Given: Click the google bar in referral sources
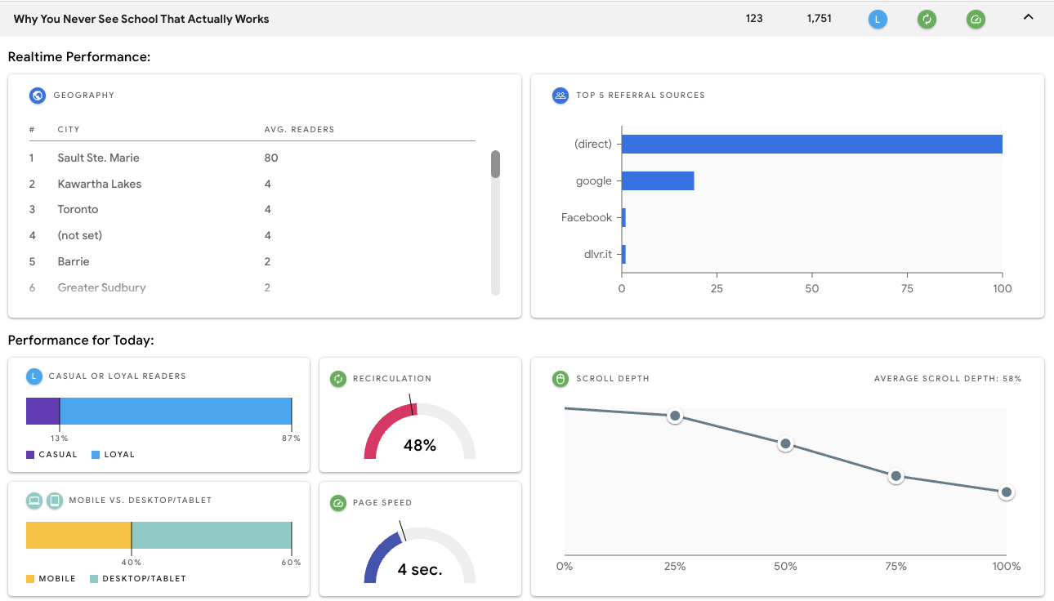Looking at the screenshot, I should click(658, 180).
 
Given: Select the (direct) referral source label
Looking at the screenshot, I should click(593, 144).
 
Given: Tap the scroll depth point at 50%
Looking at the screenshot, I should click(785, 444).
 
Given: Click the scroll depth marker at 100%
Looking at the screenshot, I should click(1007, 492).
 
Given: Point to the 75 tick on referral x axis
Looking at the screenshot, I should click(907, 289).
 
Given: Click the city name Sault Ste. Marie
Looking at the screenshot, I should click(98, 158).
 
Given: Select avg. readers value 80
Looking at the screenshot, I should click(271, 158).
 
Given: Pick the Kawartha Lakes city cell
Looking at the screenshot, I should click(100, 184).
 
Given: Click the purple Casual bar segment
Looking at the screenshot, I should click(42, 412).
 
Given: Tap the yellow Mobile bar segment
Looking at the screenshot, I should click(78, 536).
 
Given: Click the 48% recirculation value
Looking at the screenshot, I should click(420, 446).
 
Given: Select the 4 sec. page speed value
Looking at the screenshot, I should click(420, 570).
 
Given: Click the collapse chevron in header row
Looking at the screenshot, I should click(1029, 17).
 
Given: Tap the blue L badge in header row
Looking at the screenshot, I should click(878, 19).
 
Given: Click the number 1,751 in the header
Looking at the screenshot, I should click(819, 18).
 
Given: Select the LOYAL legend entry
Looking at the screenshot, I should click(114, 454).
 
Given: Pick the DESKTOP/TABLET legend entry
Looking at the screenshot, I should click(139, 578).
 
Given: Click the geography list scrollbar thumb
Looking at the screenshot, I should click(495, 163).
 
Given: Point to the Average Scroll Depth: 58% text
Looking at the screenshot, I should click(948, 379).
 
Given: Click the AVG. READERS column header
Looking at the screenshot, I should click(299, 130).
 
